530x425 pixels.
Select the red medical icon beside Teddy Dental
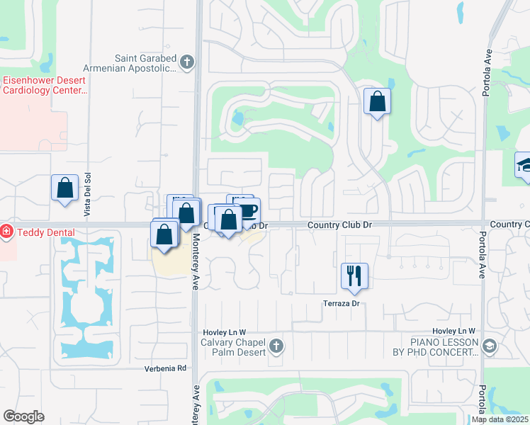(x=6, y=231)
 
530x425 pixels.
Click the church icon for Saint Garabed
(x=187, y=63)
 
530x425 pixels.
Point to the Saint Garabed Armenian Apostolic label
(x=145, y=63)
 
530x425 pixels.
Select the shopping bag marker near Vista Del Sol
(x=64, y=188)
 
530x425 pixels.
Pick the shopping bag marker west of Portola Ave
(x=377, y=101)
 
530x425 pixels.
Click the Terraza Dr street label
(x=344, y=303)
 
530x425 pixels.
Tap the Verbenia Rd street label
(x=165, y=368)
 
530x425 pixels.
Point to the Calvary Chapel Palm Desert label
(x=230, y=347)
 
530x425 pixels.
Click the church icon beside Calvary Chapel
(x=276, y=346)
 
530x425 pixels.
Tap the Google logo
(x=24, y=416)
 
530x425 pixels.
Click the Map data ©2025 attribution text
(x=500, y=419)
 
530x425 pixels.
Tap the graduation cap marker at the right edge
(x=523, y=166)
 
